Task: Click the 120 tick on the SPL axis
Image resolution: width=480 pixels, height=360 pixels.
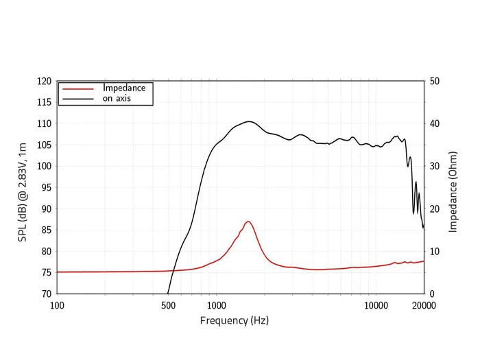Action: click(44, 81)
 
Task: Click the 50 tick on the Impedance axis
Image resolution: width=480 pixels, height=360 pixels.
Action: click(434, 81)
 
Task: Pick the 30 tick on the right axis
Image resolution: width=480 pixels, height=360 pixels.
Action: click(434, 166)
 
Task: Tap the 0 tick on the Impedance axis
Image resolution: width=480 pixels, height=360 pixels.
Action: click(432, 293)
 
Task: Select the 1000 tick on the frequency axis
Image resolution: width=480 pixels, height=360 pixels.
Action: click(216, 305)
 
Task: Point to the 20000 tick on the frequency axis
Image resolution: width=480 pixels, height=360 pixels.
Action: click(423, 305)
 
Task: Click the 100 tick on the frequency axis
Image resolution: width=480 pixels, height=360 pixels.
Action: click(57, 305)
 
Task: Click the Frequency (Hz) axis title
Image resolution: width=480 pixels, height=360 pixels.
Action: click(234, 320)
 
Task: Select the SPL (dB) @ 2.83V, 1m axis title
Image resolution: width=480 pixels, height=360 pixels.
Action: click(23, 187)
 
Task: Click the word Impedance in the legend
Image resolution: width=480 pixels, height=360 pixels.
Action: click(124, 88)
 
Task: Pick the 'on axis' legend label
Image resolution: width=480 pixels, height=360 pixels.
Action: click(117, 98)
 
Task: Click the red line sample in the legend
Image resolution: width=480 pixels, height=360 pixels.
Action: click(77, 88)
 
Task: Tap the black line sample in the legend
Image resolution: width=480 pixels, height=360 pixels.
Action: click(77, 99)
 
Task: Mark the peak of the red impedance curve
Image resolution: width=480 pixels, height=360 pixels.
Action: click(248, 221)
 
